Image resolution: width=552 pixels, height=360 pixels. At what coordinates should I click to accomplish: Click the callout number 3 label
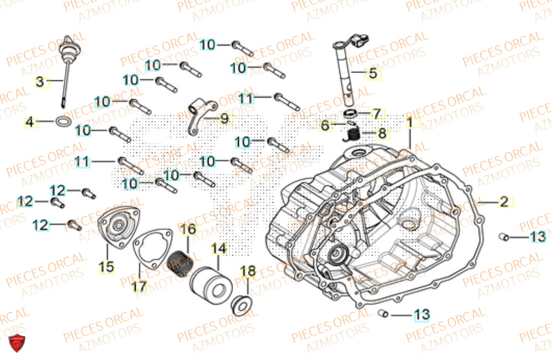click(x=39, y=82)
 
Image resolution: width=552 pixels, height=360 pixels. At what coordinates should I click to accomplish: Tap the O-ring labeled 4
click(x=64, y=121)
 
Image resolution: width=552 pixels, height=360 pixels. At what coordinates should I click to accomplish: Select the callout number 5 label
click(x=373, y=72)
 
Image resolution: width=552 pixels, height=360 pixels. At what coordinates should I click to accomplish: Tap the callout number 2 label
click(x=503, y=202)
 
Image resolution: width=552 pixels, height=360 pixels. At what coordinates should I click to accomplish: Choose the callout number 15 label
click(x=107, y=267)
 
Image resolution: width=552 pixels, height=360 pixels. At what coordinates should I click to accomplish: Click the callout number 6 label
click(x=325, y=126)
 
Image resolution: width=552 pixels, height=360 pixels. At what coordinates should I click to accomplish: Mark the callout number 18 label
click(x=248, y=271)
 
